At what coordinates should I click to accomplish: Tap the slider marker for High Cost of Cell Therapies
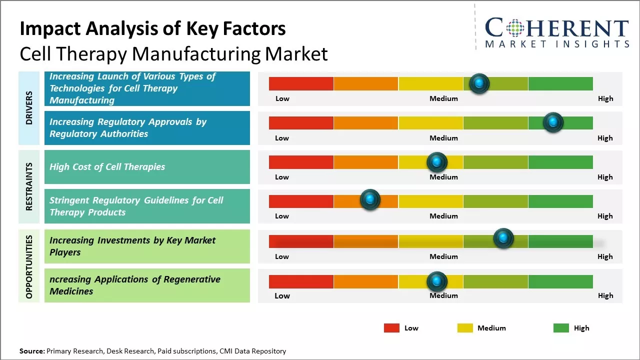coord(436,162)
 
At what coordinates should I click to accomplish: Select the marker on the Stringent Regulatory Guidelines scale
coord(370,199)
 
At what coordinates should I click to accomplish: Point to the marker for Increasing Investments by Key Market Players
coord(503,238)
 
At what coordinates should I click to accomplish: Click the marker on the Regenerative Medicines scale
coord(436,281)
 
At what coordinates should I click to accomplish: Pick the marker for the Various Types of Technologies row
coord(479,83)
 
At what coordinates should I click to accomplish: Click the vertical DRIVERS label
coord(29,107)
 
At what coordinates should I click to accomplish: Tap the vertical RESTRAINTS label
coord(29,186)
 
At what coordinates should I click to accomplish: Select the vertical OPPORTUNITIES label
coord(29,266)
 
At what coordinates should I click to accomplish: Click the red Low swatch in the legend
coord(391,328)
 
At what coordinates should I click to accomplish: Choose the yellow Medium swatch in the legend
coord(465,328)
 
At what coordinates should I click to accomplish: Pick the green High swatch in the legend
coord(561,328)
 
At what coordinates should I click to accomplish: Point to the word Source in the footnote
coord(31,351)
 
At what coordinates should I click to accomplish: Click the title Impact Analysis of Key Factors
coord(152,29)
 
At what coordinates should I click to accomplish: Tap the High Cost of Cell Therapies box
coord(147,167)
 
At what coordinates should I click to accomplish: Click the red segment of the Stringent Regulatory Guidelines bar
coord(301,201)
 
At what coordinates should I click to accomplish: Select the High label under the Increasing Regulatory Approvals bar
coord(605,138)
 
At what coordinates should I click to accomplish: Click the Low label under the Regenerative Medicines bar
coord(282,295)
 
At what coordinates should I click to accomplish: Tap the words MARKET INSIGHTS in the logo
coord(557,44)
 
